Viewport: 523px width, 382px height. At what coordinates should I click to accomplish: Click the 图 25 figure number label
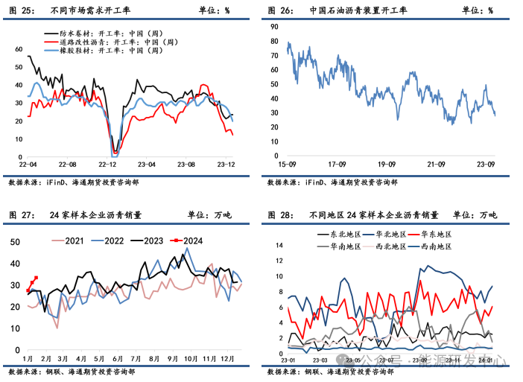(x=22, y=10)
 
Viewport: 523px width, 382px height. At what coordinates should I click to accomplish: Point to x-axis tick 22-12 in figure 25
(x=108, y=164)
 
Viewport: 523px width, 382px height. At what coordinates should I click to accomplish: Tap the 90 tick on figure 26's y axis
(x=273, y=25)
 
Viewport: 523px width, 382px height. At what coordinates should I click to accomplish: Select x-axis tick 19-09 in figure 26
(x=386, y=164)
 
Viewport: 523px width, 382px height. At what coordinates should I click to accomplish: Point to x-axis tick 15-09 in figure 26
(x=288, y=164)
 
